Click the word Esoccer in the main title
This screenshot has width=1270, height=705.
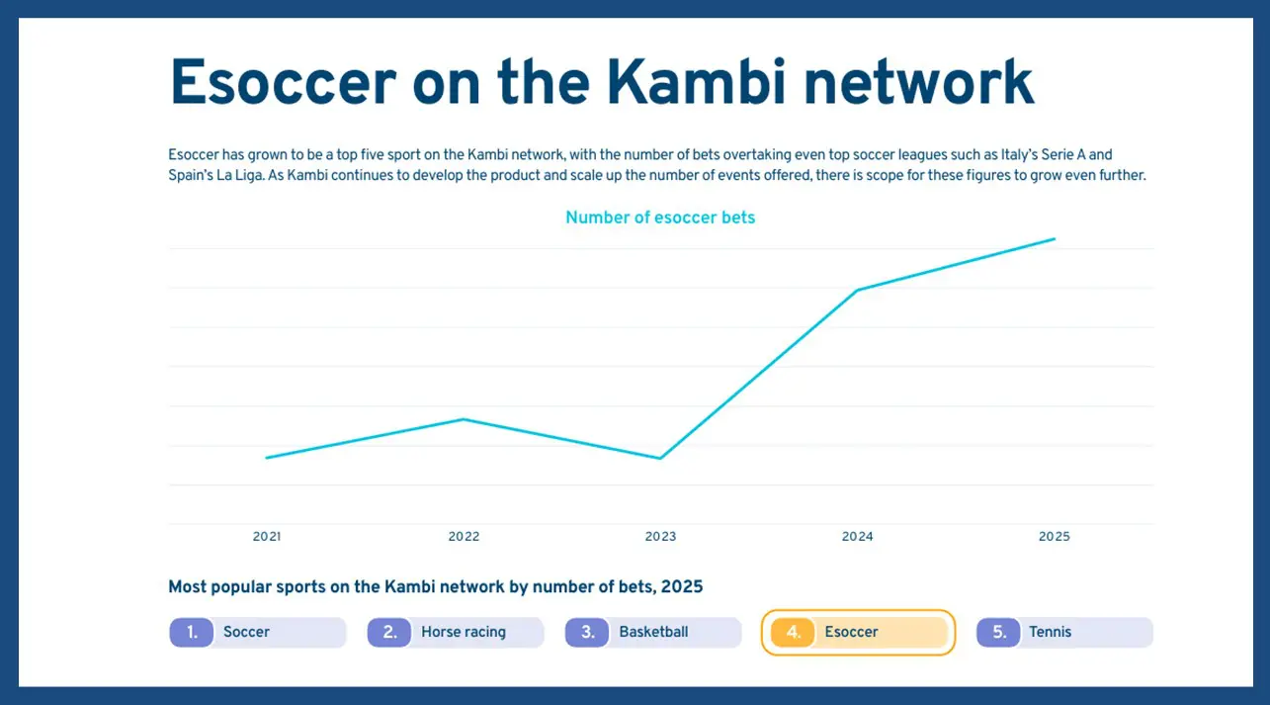point(283,83)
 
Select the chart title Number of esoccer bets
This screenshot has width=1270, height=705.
point(660,218)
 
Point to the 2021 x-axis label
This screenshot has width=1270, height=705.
point(267,537)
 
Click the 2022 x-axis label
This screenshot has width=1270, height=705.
point(464,537)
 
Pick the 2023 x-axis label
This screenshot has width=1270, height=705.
point(660,537)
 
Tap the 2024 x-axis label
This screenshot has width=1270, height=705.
point(857,537)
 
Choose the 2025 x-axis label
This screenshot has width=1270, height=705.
point(1054,537)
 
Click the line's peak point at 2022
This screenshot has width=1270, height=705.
point(464,419)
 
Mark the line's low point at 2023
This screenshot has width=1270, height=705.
point(660,458)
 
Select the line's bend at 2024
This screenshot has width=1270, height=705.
point(857,290)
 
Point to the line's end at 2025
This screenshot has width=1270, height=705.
point(1055,238)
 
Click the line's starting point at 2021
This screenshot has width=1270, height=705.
point(267,458)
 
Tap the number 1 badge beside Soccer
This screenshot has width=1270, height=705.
point(192,632)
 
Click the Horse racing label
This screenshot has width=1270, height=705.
point(464,632)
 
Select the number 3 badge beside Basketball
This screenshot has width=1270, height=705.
point(587,632)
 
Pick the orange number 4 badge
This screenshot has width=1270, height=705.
point(793,632)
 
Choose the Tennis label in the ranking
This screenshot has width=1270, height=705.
point(1050,632)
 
